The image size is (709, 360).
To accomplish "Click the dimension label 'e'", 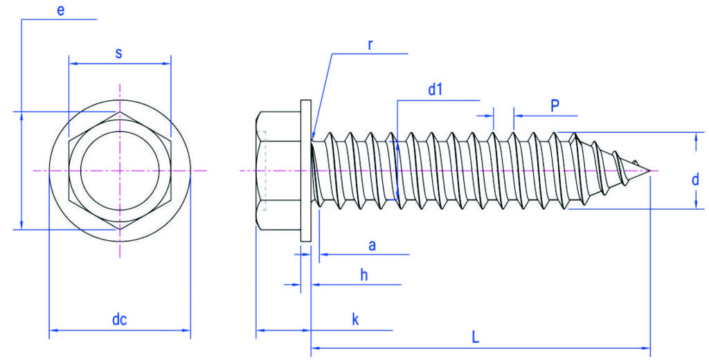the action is (61, 11).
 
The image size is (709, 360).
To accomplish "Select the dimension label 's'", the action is (118, 53).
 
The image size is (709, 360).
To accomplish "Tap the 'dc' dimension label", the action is (119, 319).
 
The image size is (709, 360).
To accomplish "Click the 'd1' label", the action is (435, 90).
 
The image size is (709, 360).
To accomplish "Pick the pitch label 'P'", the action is (555, 106).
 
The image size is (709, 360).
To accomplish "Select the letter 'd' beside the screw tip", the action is (695, 179).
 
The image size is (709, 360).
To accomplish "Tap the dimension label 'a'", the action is (372, 246).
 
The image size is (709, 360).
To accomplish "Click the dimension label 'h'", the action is (364, 275).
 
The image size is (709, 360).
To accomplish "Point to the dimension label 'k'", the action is (355, 319).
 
